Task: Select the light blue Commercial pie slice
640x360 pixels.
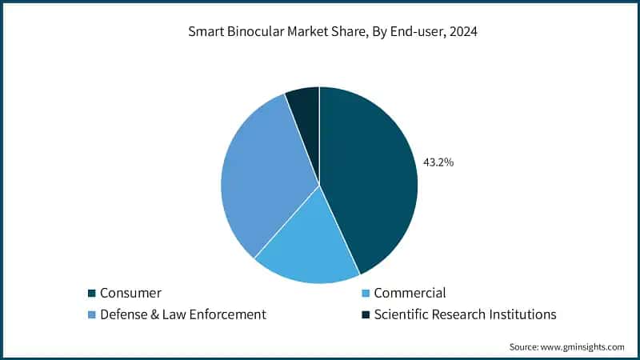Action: click(x=308, y=244)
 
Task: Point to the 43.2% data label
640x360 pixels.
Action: click(x=438, y=162)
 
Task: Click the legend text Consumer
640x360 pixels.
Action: click(x=130, y=293)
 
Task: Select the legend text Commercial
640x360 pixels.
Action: click(x=410, y=293)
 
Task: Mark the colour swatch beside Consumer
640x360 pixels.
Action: click(x=92, y=294)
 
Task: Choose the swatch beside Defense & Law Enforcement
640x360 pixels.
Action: click(x=92, y=315)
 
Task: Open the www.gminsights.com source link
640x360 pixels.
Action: click(x=583, y=347)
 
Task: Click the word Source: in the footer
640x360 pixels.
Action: click(x=525, y=347)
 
